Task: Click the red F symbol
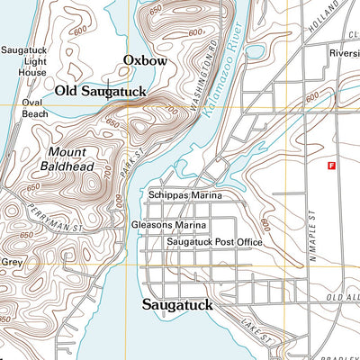(x=331, y=166)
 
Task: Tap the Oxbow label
(x=145, y=61)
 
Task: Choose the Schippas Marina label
(x=184, y=194)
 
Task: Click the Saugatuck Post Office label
(x=213, y=242)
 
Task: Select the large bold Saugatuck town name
(x=177, y=305)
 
